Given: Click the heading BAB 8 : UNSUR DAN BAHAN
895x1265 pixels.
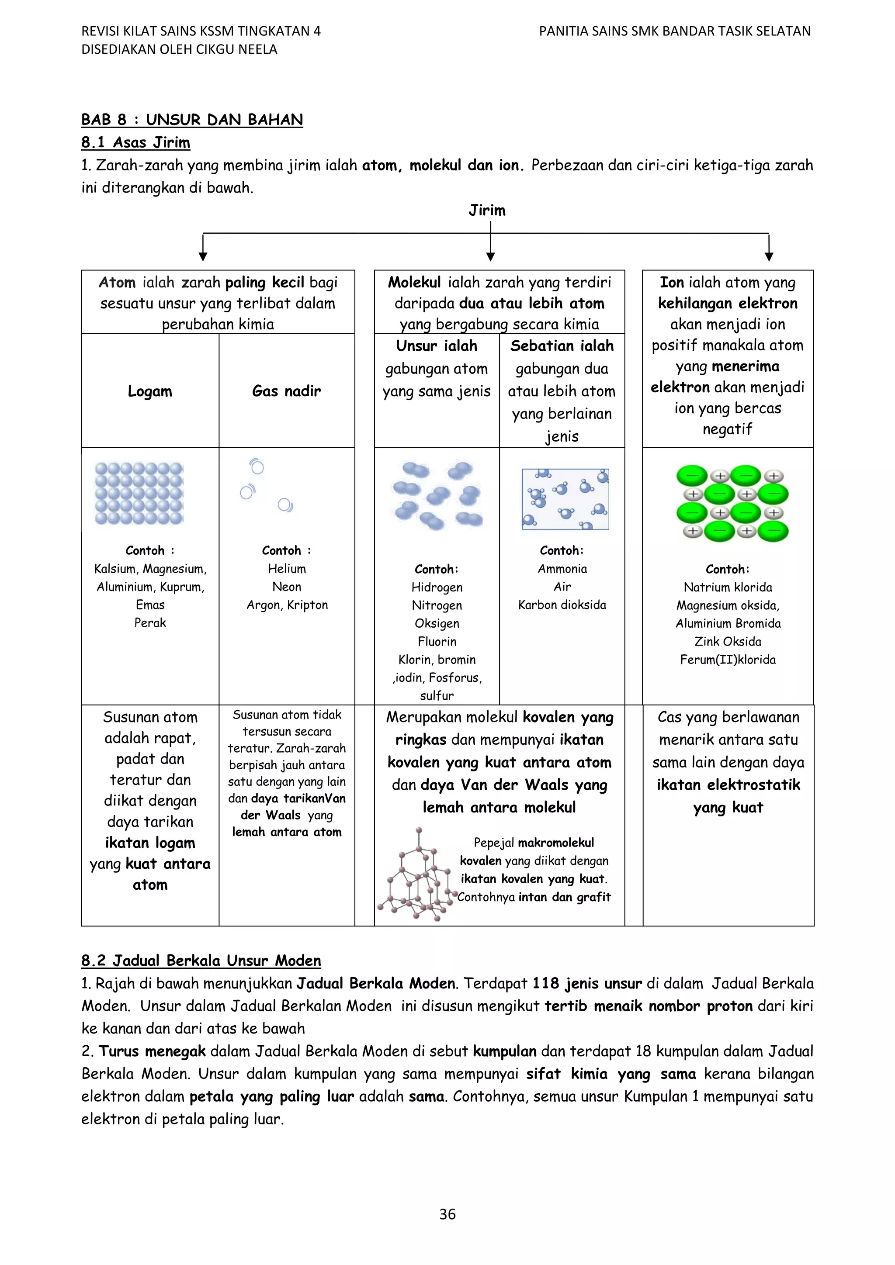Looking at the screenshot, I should point(192,120).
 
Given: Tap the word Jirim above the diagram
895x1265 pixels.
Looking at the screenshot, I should point(487,211).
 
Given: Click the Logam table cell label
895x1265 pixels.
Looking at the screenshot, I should point(150,391).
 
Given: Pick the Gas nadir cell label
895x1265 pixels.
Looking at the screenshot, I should point(286,391).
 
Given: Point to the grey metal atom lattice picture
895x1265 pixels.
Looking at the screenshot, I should point(139,493).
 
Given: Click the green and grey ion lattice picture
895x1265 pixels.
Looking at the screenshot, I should point(732,503).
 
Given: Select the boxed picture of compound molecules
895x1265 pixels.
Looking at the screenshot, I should point(565,499).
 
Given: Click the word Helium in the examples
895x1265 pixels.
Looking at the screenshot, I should point(287,569).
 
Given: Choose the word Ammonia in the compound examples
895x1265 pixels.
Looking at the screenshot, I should point(562,569).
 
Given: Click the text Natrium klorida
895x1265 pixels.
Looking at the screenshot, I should point(728,588).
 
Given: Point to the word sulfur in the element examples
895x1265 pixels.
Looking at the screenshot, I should point(437,695).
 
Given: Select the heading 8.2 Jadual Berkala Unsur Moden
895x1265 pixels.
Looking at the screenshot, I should point(201,961).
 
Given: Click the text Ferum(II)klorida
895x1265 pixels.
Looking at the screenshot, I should point(728,660).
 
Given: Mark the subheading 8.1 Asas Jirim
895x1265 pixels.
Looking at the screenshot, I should point(135,143).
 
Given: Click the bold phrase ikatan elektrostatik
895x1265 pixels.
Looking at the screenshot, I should point(728,785).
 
